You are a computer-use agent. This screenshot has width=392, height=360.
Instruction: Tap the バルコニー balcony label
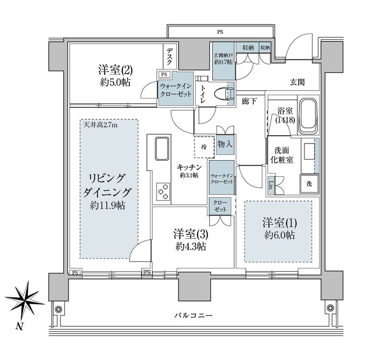pyautogui.click(x=193, y=315)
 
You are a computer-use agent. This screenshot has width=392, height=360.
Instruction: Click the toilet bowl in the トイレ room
pyautogui.click(x=226, y=93)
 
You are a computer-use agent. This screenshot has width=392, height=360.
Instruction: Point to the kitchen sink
pyautogui.click(x=162, y=148)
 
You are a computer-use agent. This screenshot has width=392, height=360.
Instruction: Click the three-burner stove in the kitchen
pyautogui.click(x=162, y=191)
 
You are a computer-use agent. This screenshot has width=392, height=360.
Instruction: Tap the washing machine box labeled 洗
pyautogui.click(x=309, y=184)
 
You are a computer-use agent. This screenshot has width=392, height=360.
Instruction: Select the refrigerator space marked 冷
pyautogui.click(x=203, y=146)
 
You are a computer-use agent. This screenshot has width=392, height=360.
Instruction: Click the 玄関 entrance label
pyautogui.click(x=297, y=82)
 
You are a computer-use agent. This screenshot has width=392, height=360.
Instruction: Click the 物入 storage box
pyautogui.click(x=225, y=144)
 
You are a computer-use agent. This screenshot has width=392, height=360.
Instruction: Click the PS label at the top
pyautogui.click(x=220, y=32)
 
